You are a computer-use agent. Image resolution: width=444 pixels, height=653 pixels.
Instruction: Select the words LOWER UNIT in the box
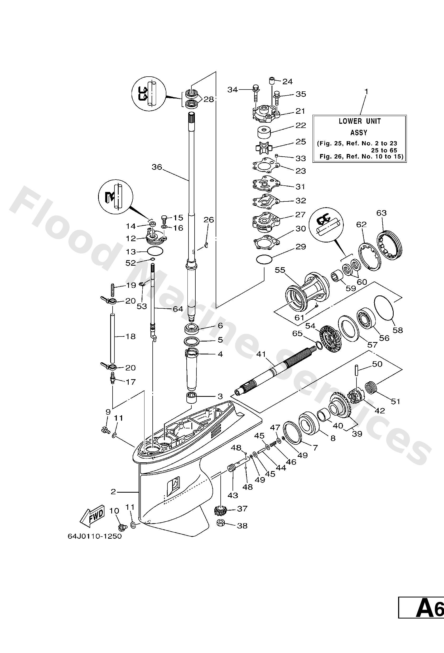[x=360, y=121]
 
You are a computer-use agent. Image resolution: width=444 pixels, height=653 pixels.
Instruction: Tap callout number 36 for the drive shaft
[x=157, y=167]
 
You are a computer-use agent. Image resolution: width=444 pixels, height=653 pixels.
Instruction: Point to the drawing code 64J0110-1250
[x=95, y=536]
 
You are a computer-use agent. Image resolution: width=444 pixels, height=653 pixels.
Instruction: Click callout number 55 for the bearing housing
[x=280, y=270]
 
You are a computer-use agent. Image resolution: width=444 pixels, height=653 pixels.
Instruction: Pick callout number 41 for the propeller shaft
[x=261, y=354]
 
